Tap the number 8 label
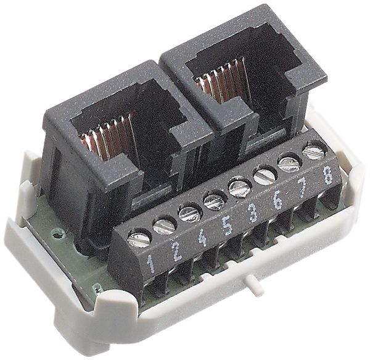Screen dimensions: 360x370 click(327, 174)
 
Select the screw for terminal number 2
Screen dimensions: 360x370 click(165, 226)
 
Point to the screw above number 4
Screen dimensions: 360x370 click(189, 213)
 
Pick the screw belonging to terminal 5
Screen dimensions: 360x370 click(213, 200)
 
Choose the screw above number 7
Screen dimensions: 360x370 click(288, 162)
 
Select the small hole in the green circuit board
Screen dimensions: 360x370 click(58, 234)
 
